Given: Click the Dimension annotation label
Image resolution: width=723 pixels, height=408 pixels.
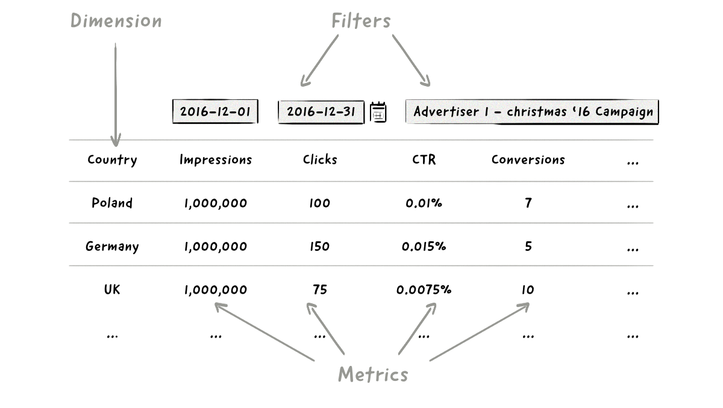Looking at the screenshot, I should tap(116, 20).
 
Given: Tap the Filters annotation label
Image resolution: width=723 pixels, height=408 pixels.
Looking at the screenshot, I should tap(361, 21).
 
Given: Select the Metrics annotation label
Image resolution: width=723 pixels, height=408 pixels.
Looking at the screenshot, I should tap(372, 374).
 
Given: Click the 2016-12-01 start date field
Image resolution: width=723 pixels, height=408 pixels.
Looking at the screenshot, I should tap(215, 112).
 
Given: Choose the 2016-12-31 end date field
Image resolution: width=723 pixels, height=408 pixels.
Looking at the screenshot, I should tap(321, 112).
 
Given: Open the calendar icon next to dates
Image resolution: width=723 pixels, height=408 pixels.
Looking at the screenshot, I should tap(378, 113).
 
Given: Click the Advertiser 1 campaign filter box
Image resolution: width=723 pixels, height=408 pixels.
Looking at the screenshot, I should tap(533, 112).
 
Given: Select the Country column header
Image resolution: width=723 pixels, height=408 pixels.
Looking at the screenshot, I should tap(112, 160).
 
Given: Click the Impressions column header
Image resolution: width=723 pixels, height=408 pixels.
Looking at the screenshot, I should tap(215, 160).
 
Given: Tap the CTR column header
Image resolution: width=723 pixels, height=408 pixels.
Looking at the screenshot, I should tap(424, 160).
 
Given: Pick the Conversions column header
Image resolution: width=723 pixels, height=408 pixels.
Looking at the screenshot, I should tap(528, 160).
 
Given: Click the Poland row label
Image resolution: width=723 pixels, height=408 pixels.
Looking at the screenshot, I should tap(112, 203).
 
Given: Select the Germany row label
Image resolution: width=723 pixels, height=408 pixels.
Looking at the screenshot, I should tap(112, 247).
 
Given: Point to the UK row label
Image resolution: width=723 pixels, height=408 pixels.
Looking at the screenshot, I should tap(112, 289).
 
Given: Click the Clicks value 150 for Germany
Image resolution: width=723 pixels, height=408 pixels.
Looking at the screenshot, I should tap(319, 247).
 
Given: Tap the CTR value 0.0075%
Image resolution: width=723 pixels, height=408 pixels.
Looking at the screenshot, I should tap(424, 289).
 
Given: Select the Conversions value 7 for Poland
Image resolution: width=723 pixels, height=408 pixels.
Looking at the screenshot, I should tap(528, 203).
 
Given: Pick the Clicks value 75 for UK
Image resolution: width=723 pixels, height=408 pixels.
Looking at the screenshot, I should tap(319, 289).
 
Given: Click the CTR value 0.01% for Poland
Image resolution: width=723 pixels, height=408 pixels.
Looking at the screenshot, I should tap(424, 203).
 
